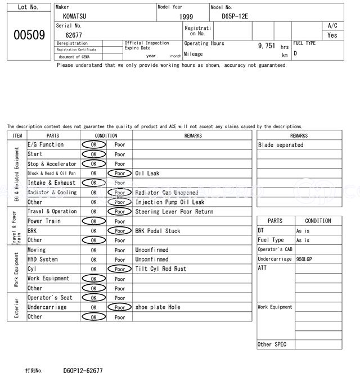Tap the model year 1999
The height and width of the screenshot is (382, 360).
point(186,17)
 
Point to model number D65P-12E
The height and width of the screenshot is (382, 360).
point(235,17)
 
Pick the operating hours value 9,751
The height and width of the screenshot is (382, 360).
point(267,45)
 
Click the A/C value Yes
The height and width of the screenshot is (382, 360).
point(332,35)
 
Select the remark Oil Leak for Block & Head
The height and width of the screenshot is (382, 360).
point(147,174)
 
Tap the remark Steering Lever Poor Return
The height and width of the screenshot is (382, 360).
point(174,212)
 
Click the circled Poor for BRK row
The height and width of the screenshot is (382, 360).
point(120,231)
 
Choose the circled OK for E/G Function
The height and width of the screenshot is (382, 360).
point(93,145)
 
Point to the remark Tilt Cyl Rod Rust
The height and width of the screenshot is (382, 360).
point(161,269)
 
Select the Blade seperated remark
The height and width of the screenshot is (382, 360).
point(281,145)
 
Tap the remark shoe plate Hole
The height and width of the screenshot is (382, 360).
point(158,307)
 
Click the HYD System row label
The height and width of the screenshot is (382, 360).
point(43,260)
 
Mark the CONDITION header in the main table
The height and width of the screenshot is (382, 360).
point(106,135)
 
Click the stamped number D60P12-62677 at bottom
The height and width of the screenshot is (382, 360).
point(83,371)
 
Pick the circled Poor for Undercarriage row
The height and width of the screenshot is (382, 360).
point(120,307)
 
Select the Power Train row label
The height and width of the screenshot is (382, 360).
point(43,221)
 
